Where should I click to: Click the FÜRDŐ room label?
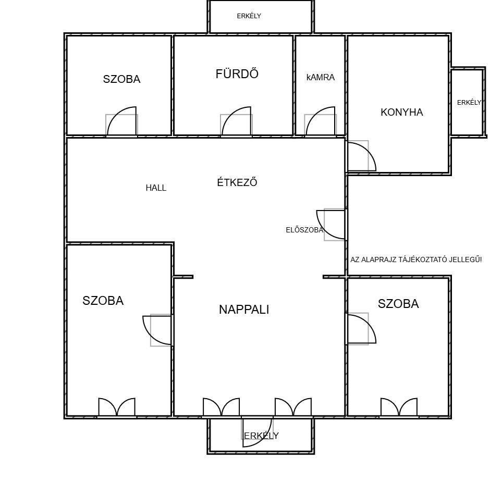[x=237, y=73]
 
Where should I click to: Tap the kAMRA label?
[x=321, y=78]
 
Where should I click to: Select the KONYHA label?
[x=402, y=113]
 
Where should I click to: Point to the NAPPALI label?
[x=244, y=310]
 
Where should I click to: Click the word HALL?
[x=156, y=188]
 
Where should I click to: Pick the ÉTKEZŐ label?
[x=237, y=182]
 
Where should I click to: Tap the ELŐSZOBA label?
[x=304, y=230]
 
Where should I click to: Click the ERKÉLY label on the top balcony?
[x=249, y=16]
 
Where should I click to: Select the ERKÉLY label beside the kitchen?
[x=469, y=102]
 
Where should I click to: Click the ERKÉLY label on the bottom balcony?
[x=261, y=436]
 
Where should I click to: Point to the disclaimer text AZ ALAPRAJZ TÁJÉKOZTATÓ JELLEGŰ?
[x=416, y=260]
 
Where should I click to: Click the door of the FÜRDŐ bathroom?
[x=236, y=121]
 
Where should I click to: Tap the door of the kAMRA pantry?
[x=321, y=121]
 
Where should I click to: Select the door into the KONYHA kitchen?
[x=361, y=156]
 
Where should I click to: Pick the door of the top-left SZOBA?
[x=121, y=121]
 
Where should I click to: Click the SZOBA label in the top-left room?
[x=121, y=79]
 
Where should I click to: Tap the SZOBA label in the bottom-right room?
[x=398, y=304]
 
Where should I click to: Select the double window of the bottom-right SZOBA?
[x=399, y=407]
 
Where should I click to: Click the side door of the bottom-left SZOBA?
[x=157, y=330]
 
